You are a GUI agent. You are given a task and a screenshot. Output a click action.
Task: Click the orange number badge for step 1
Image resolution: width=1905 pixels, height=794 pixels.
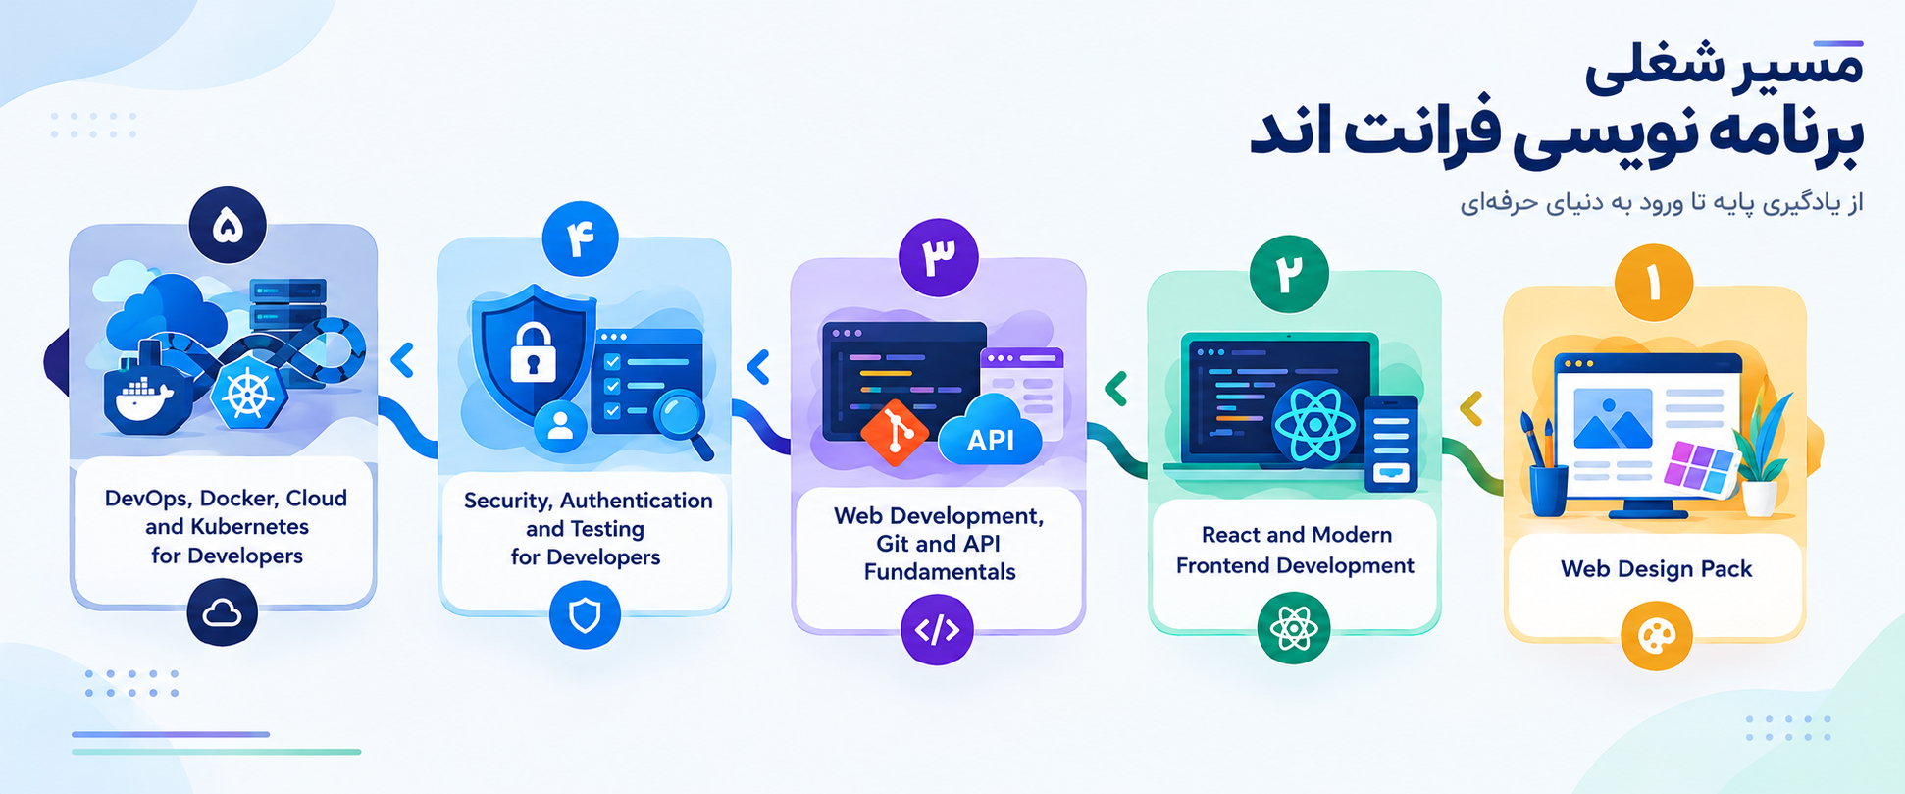1654,283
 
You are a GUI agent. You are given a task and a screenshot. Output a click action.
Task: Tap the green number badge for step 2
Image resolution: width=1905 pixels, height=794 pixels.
1289,274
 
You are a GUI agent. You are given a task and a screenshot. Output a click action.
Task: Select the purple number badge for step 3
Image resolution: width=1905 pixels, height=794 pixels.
938,257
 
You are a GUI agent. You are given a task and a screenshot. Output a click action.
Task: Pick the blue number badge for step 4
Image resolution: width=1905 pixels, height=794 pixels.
580,238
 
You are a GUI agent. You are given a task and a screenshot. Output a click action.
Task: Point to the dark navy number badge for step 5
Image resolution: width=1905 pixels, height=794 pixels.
228,226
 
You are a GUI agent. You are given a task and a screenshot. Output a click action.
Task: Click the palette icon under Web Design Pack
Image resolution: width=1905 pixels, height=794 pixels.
1657,637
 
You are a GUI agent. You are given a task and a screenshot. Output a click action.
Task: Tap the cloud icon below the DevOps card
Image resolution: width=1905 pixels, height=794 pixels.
223,612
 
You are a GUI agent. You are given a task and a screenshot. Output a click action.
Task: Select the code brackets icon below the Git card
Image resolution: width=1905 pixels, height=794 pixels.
937,629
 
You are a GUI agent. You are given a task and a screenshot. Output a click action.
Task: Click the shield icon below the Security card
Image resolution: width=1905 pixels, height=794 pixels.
585,615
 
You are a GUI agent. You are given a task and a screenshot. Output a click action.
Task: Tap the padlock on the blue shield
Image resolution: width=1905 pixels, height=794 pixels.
534,351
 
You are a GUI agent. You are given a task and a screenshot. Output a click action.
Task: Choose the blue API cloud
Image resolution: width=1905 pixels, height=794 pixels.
991,432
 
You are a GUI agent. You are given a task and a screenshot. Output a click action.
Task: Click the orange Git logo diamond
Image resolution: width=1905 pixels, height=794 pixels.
894,432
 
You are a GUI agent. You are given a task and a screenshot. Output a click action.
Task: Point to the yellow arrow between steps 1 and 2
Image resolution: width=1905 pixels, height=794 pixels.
1470,408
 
